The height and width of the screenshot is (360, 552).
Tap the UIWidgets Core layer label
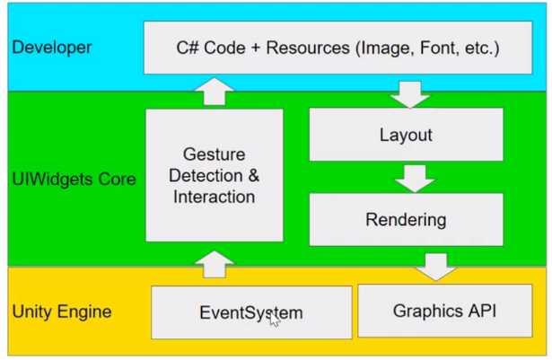74,179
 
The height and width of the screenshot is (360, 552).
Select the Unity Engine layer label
62,312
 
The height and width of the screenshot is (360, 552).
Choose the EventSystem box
250,313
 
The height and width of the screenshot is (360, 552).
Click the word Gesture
214,154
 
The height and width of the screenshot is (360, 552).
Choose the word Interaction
214,196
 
